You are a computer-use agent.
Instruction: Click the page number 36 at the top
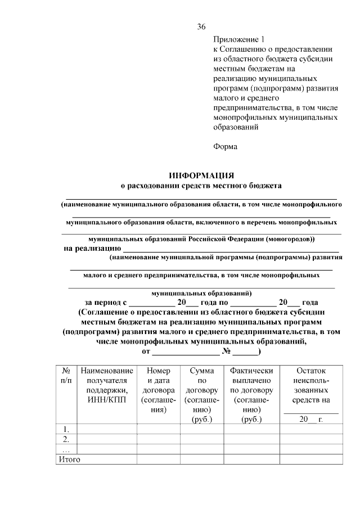click(x=201, y=27)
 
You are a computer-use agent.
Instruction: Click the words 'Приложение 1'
click(x=238, y=39)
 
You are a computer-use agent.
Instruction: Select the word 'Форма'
click(x=226, y=147)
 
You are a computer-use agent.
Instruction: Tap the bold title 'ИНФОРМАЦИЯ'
click(x=201, y=175)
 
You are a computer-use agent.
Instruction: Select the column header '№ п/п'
click(x=66, y=376)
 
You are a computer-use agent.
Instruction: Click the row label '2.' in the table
click(x=66, y=439)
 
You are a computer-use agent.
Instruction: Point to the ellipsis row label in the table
click(x=66, y=449)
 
